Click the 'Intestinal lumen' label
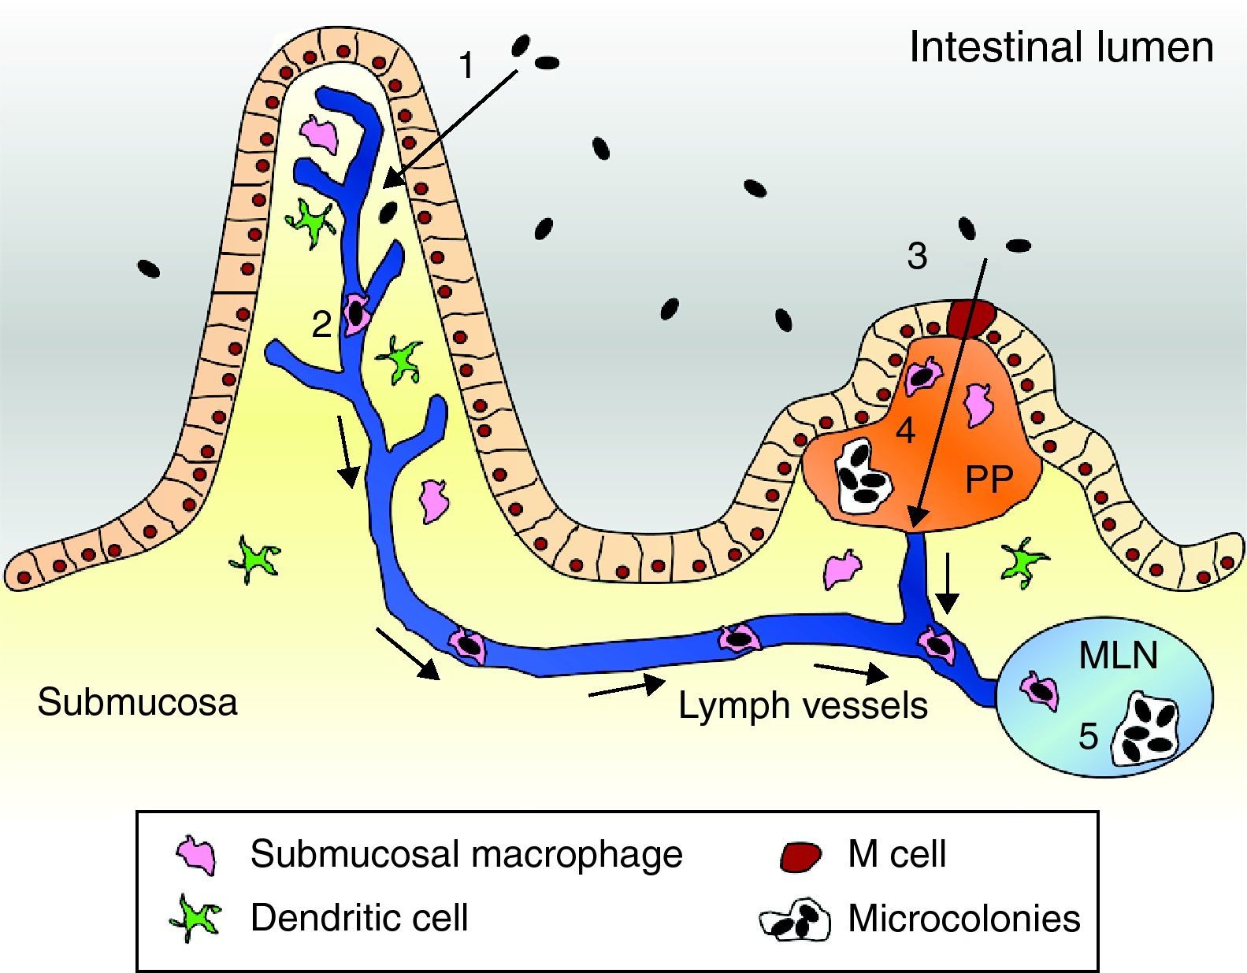point(1061,47)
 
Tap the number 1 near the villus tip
point(467,65)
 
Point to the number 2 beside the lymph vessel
point(321,324)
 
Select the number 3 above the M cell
point(917,257)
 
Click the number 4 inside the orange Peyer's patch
point(905,431)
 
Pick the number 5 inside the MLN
point(1088,737)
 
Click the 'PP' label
point(989,479)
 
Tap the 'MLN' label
point(1118,655)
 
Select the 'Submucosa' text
point(137,702)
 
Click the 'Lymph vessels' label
point(803,706)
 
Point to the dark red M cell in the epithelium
point(971,317)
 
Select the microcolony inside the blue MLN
point(1147,728)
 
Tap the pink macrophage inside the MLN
point(1040,690)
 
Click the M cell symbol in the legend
point(800,856)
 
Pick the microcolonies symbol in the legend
point(796,920)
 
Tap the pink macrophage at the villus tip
point(321,133)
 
